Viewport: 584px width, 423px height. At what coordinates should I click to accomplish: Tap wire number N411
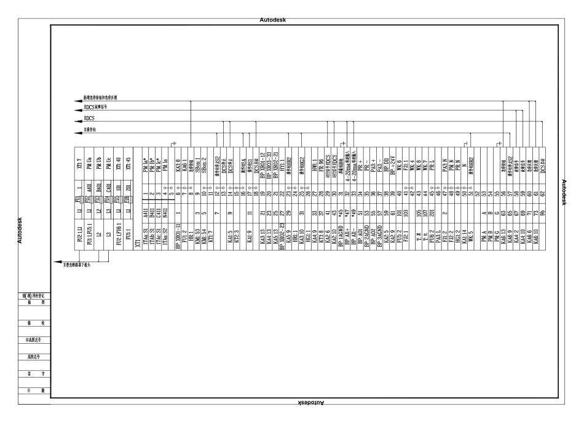pos(164,215)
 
